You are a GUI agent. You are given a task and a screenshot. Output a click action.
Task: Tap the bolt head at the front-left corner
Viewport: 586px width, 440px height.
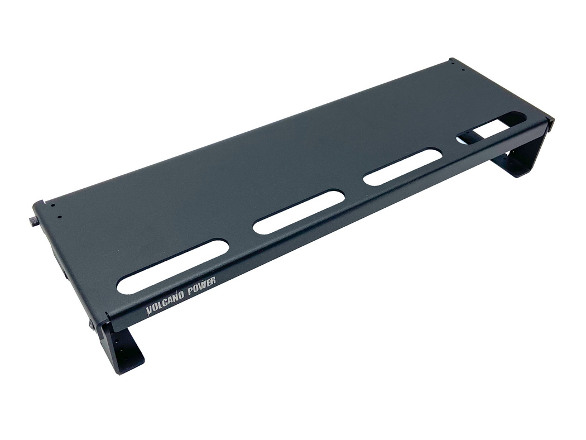92,325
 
